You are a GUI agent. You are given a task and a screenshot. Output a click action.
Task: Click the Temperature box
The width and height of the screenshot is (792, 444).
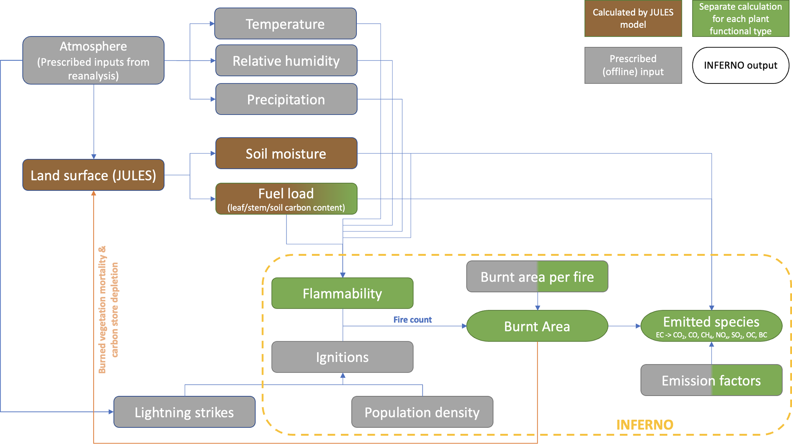[285, 24]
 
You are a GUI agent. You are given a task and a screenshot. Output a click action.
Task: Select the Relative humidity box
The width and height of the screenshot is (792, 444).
[286, 60]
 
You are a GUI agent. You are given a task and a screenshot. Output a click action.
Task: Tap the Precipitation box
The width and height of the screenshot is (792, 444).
[286, 99]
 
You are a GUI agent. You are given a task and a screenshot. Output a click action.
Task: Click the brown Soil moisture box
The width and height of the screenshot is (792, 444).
[286, 153]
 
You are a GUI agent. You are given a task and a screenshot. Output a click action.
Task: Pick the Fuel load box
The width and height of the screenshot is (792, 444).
[286, 199]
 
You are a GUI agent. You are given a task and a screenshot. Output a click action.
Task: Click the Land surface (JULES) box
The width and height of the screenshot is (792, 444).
[93, 175]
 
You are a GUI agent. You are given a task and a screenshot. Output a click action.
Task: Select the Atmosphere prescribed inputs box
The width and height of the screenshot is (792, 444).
[93, 60]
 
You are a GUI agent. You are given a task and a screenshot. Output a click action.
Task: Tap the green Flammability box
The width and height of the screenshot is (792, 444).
[342, 293]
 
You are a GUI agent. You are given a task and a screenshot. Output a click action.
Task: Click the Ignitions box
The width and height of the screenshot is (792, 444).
[342, 357]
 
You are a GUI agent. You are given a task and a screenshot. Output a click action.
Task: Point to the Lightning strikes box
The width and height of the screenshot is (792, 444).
[184, 412]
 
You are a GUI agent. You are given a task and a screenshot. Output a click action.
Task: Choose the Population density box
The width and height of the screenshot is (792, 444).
[422, 412]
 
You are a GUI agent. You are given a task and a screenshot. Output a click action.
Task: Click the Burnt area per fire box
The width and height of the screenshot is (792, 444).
[537, 276]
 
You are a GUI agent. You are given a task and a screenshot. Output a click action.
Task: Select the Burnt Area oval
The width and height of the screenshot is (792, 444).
[537, 326]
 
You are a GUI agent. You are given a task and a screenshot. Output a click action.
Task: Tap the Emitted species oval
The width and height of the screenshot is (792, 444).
[711, 326]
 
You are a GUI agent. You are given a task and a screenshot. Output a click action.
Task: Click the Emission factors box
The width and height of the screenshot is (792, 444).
[711, 380]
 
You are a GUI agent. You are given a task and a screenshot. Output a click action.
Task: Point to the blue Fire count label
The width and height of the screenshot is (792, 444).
[412, 320]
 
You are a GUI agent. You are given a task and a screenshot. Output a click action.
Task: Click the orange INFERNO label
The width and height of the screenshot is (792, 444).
[645, 424]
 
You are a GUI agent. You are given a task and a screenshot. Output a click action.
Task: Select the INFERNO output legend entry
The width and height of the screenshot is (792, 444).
[740, 65]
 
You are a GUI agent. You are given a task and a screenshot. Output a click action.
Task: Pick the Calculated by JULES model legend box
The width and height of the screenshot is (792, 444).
[633, 18]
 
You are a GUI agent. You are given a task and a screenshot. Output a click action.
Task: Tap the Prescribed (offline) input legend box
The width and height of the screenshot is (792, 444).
[633, 65]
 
